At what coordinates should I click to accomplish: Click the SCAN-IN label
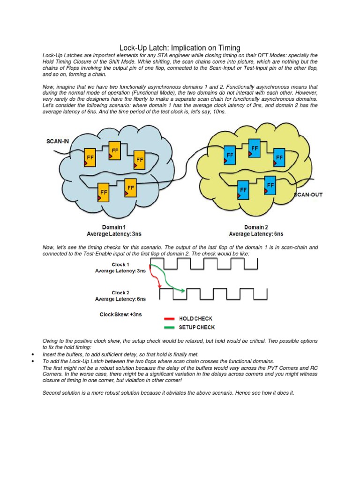58,141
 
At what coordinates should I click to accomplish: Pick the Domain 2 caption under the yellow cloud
255,227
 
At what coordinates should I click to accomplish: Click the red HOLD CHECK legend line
169,319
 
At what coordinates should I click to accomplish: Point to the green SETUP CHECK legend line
169,327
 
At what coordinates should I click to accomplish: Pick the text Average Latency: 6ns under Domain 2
255,233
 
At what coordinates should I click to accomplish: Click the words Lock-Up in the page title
133,47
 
